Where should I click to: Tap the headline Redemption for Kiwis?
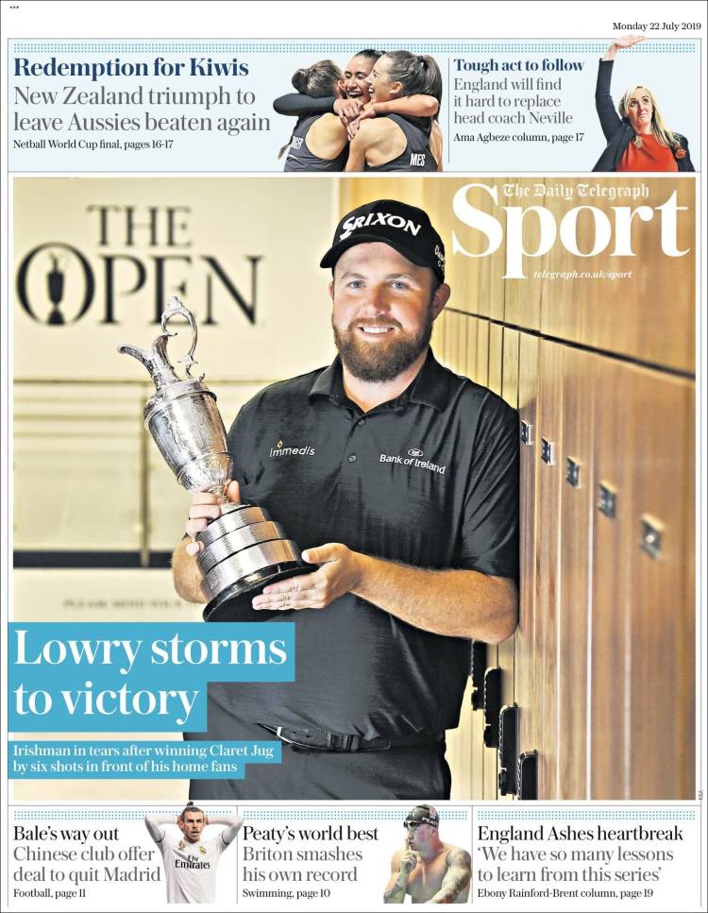point(131,68)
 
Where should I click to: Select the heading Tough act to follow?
point(518,65)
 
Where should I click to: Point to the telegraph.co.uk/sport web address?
point(582,275)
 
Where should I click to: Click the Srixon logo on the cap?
point(380,225)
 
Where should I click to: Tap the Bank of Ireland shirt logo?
point(412,460)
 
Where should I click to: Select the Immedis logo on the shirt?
point(292,449)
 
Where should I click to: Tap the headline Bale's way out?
point(66,834)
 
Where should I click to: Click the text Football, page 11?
point(49,892)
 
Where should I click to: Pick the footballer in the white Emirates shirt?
point(193,854)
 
